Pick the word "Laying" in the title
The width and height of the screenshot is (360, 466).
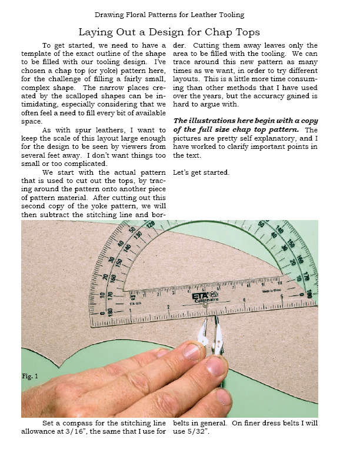coord(96,32)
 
